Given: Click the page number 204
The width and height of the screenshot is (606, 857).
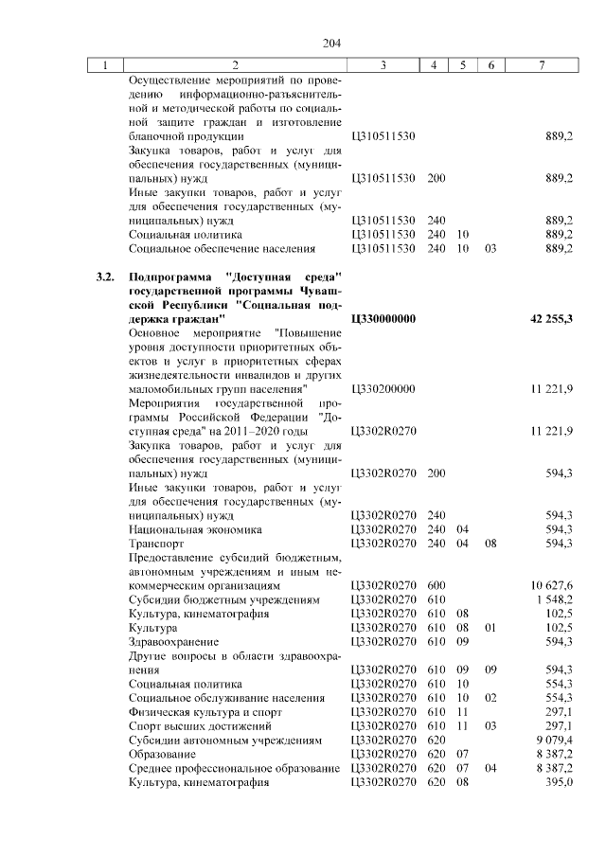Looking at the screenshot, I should click(x=331, y=44).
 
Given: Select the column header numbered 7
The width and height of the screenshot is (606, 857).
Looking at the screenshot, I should click(x=541, y=65).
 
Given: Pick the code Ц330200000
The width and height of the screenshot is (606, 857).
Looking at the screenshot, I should click(x=383, y=389).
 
